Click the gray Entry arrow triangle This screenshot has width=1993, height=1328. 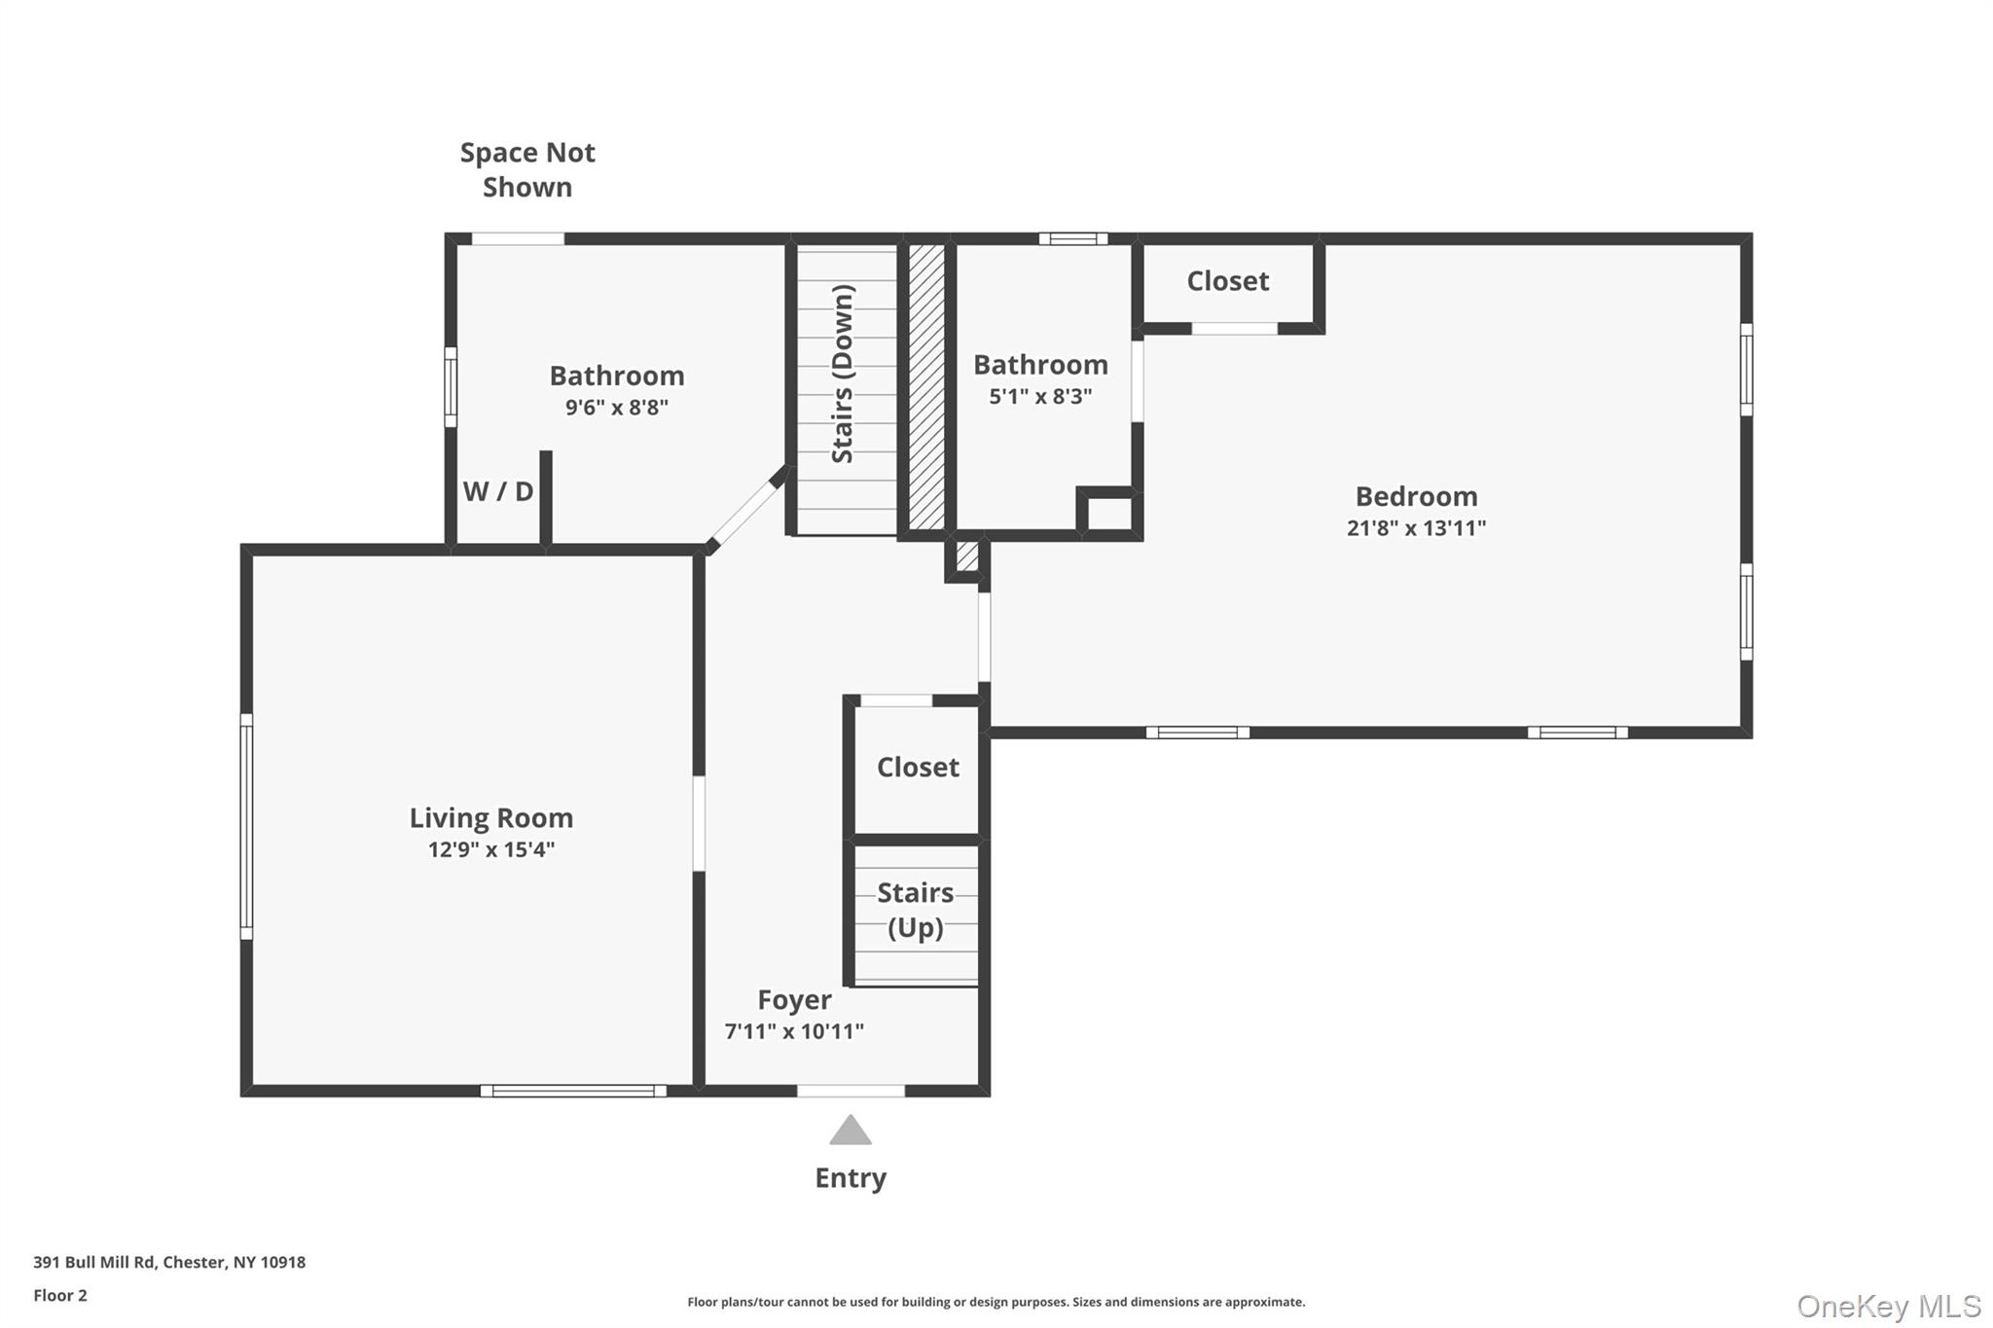point(850,1131)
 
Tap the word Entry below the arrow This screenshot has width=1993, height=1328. point(850,1178)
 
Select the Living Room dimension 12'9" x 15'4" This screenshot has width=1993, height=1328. point(490,849)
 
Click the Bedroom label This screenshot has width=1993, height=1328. point(1416,496)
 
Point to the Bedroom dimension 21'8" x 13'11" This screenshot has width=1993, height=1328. point(1416,528)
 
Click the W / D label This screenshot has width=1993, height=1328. point(497,491)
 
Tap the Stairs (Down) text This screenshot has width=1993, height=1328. point(843,374)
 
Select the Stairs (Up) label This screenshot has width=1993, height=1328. point(915,910)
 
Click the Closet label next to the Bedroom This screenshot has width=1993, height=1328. point(1227,281)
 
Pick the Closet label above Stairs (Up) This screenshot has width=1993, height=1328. point(917,768)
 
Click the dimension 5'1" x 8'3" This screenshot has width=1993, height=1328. point(1040,396)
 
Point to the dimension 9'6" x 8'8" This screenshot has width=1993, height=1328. point(616,407)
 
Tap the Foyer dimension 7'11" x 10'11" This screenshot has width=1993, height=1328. point(794,1031)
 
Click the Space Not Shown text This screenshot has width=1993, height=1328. point(527,169)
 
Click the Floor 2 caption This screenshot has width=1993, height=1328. point(60,1295)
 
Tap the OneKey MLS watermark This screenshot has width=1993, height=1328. point(1888,1306)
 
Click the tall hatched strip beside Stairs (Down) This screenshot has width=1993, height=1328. point(926,387)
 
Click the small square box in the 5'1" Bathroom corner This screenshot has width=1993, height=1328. point(1108,513)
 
